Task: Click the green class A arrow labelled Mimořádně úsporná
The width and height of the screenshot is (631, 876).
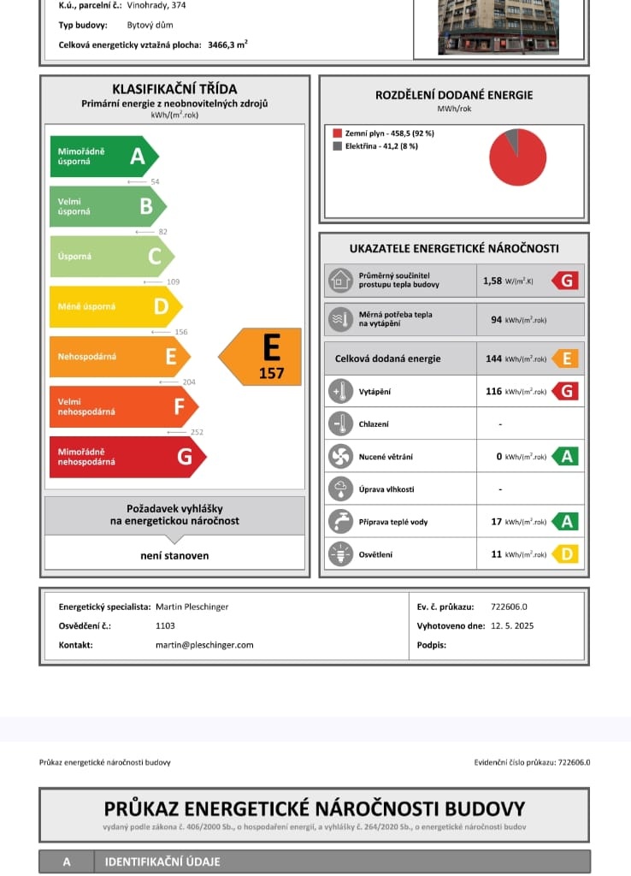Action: coord(103,157)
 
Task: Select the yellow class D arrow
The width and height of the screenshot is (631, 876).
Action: coord(115,306)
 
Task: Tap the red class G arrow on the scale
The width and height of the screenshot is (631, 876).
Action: coord(127,457)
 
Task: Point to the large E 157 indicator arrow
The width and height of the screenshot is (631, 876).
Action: coord(263,356)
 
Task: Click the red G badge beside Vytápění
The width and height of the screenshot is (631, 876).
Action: coord(565,391)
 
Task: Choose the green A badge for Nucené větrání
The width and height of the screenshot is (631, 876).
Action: coord(565,456)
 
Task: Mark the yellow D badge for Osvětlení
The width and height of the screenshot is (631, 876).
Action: coord(565,554)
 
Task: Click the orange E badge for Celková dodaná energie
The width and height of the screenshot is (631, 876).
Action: coord(565,358)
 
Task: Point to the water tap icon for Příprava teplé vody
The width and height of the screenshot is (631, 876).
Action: coord(340,522)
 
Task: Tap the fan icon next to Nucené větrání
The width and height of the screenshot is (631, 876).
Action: coord(340,456)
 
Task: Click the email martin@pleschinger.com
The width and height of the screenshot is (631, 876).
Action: coord(204,645)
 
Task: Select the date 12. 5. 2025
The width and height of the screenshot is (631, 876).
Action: coord(512,626)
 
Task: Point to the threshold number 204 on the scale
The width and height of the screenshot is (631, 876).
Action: coord(189,382)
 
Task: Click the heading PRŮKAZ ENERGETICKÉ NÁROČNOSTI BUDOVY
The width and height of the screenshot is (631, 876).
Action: coord(315,808)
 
